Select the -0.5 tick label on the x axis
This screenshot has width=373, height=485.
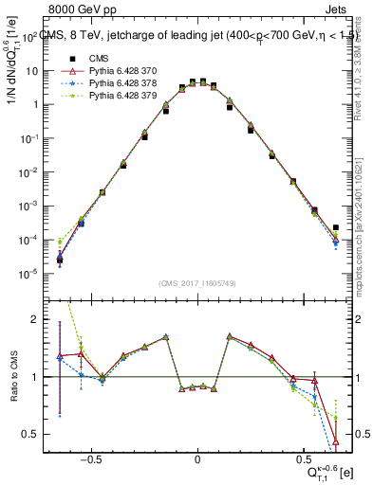[91, 460]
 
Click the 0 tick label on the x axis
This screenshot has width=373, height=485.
[197, 460]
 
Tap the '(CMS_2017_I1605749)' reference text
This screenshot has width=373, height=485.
[197, 284]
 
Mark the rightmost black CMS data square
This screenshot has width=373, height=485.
[336, 227]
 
